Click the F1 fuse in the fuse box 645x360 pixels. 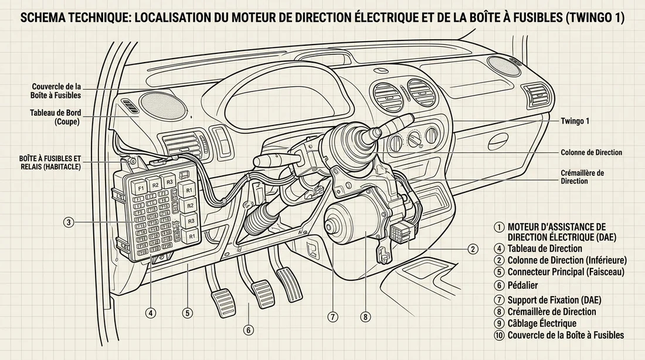[x=140, y=188]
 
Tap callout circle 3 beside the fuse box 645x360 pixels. [x=69, y=222]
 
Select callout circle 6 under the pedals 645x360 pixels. [x=249, y=331]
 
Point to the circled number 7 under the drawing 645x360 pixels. [x=332, y=317]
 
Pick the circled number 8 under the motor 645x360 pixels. [x=366, y=317]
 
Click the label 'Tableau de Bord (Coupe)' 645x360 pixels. [x=55, y=117]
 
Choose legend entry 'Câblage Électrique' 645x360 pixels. [x=542, y=324]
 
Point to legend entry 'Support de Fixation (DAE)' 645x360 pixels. [x=554, y=300]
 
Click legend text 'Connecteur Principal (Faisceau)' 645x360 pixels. [x=566, y=271]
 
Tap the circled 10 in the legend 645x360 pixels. [x=499, y=335]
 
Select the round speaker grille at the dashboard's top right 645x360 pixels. [x=504, y=65]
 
